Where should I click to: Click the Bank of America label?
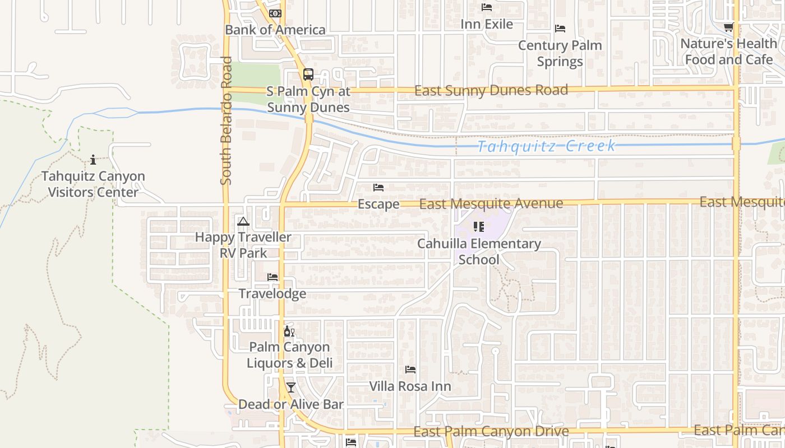275,30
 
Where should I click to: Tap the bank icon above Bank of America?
275,13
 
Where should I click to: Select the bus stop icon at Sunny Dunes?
308,74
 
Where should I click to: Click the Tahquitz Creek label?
546,146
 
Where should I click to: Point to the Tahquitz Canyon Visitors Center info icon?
93,160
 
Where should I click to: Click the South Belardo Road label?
226,120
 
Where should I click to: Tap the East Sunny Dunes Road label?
491,90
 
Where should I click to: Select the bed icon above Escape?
378,188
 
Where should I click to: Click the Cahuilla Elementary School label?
479,251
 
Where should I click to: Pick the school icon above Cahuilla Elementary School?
478,227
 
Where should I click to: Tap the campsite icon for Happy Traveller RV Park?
243,221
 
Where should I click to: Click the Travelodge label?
273,293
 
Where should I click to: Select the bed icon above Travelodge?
273,277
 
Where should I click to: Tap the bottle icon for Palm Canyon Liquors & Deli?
289,332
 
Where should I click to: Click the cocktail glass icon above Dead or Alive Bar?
290,387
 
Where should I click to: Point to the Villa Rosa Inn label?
410,386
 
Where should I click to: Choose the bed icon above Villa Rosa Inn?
410,370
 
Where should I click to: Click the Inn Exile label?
487,24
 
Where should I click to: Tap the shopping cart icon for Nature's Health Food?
728,27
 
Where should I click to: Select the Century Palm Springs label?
560,53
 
